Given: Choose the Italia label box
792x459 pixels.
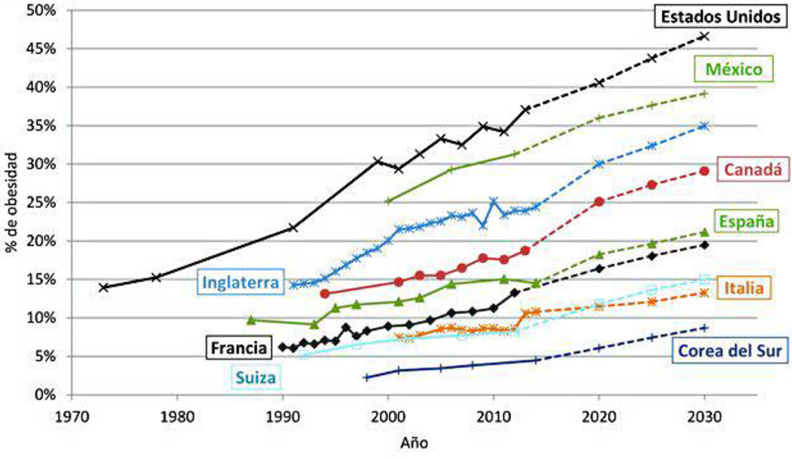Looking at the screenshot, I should pyautogui.click(x=744, y=287).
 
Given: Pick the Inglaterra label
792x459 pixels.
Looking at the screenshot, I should pyautogui.click(x=240, y=282).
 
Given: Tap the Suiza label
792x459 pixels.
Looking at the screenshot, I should pyautogui.click(x=256, y=376).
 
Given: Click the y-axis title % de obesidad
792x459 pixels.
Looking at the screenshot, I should pyautogui.click(x=13, y=204).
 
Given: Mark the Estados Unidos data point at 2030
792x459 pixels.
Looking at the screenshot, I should pyautogui.click(x=704, y=36).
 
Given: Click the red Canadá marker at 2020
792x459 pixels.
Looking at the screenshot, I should pyautogui.click(x=599, y=202).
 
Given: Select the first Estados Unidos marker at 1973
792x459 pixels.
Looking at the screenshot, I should pyautogui.click(x=103, y=287).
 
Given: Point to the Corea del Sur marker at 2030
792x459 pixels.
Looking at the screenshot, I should pyautogui.click(x=704, y=327).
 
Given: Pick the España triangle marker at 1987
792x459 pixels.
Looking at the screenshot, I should pyautogui.click(x=251, y=320).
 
